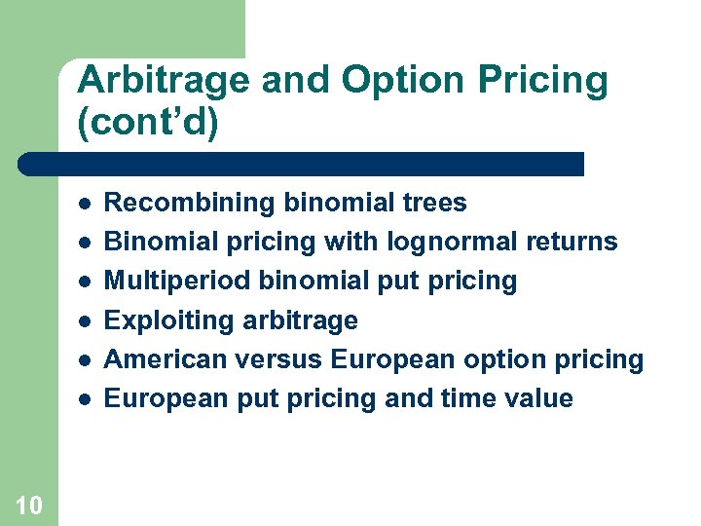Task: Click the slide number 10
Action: (x=29, y=505)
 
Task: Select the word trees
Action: (x=434, y=204)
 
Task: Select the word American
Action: (x=161, y=359)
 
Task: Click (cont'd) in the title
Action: (x=147, y=124)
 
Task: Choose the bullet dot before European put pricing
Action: (x=86, y=399)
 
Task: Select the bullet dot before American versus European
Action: (x=86, y=360)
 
